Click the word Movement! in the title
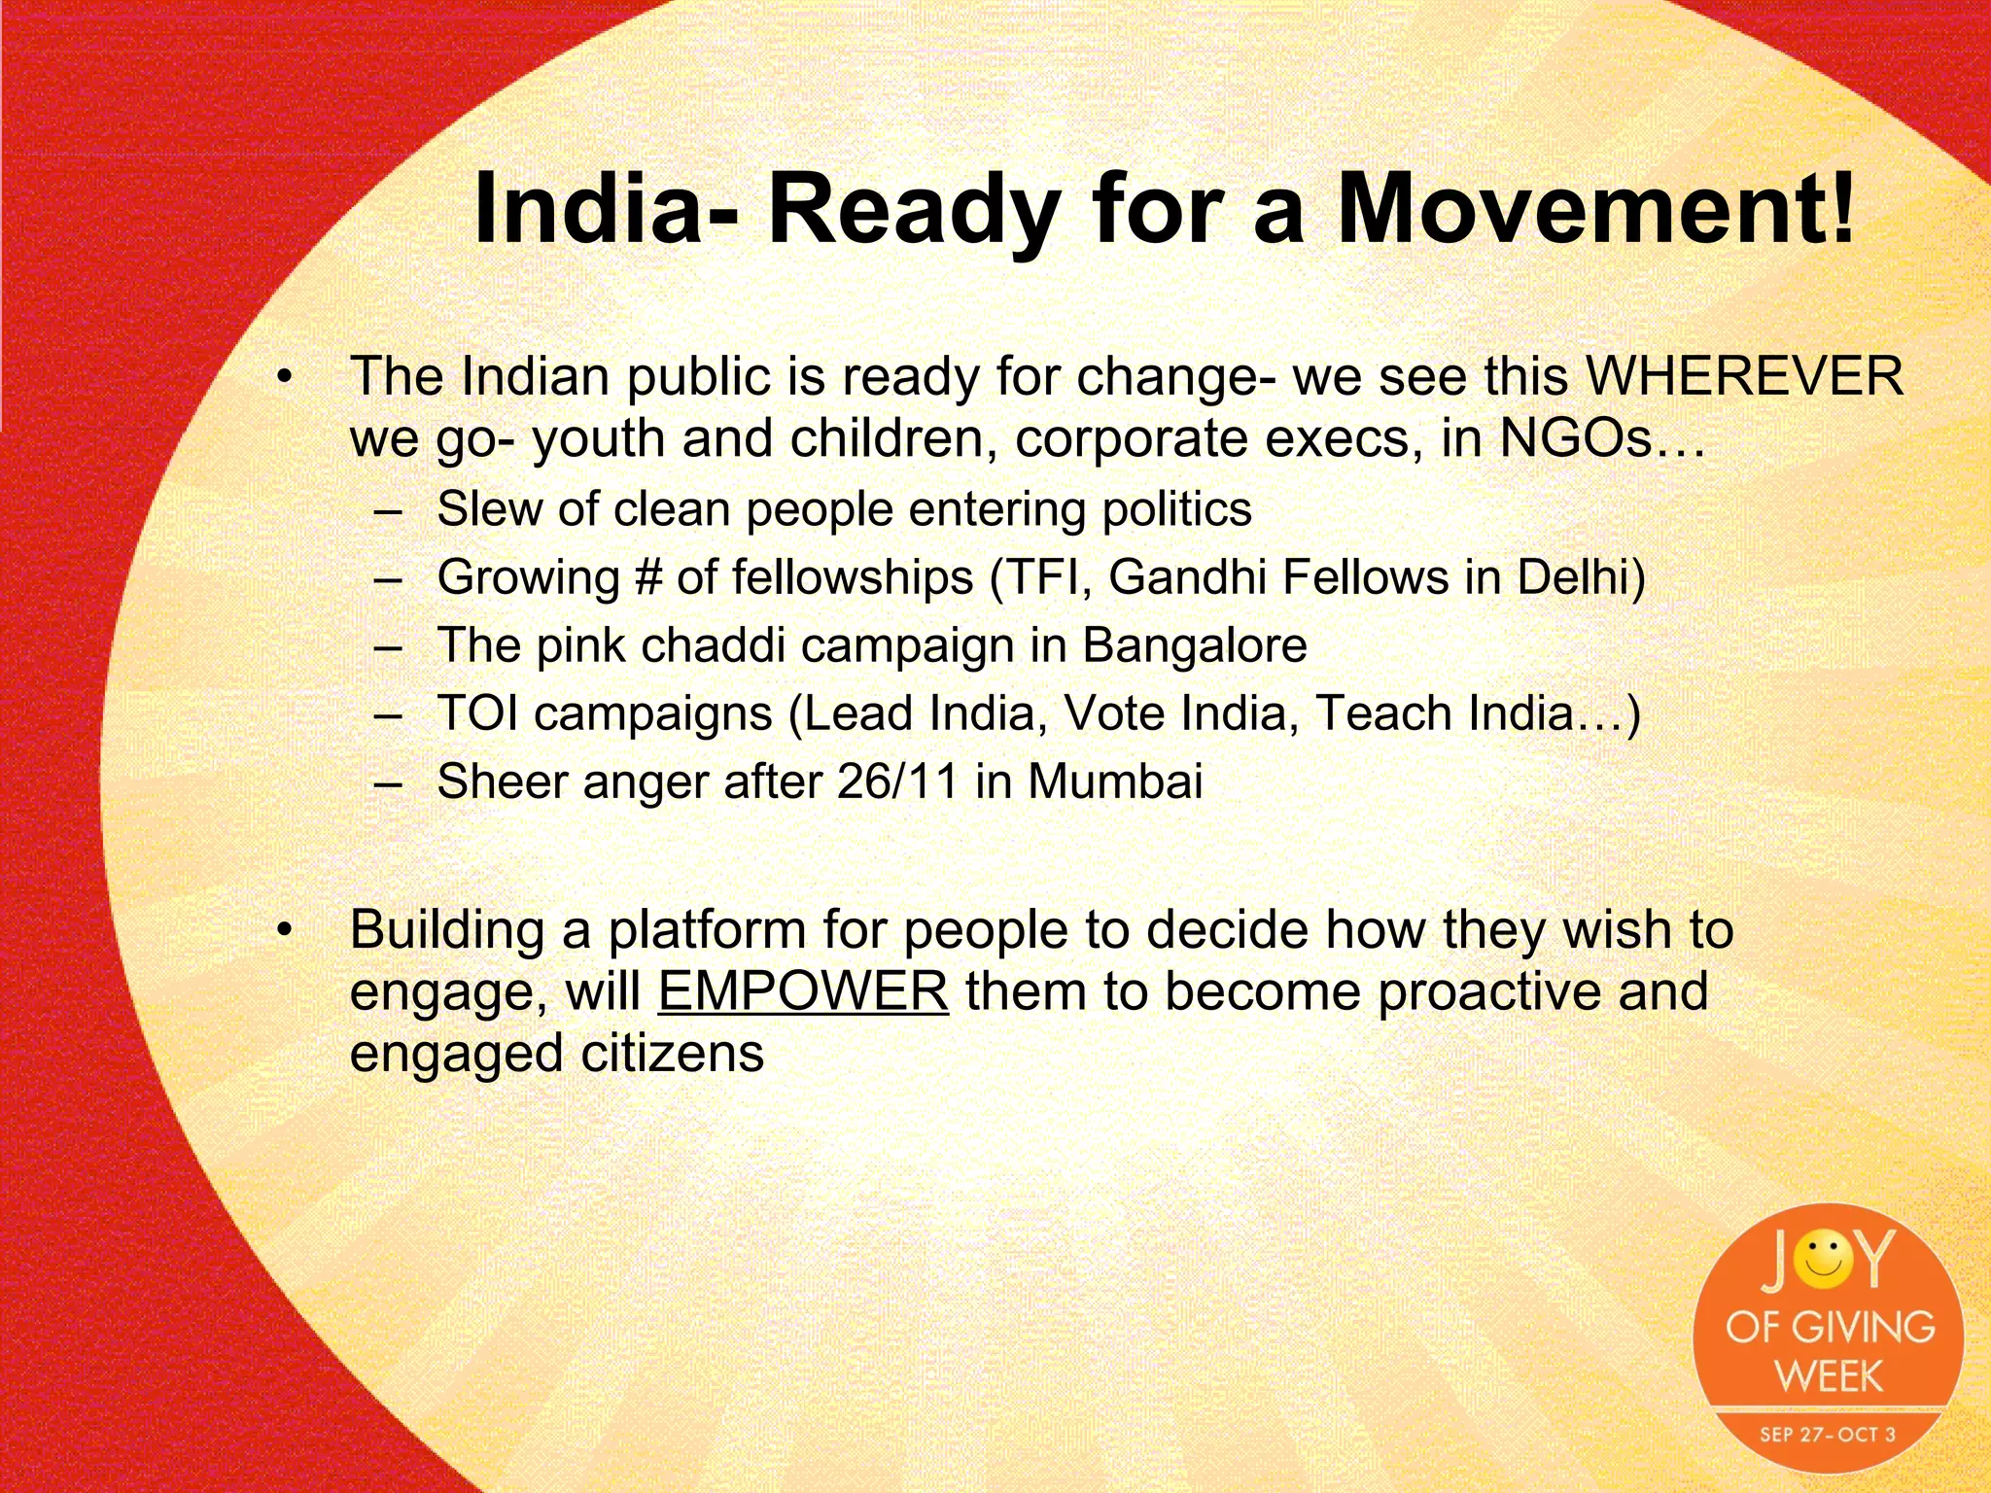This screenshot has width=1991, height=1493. coord(1595,210)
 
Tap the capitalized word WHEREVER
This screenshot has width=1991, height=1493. coord(1744,376)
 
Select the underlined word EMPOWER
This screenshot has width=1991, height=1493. coord(803,991)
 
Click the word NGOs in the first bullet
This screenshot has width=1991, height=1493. coord(1575,438)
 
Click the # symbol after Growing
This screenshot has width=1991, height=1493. coord(647,577)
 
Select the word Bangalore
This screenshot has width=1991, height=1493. coord(1195,645)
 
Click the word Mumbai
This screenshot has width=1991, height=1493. coord(1115,781)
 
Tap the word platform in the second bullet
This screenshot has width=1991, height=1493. coord(707,929)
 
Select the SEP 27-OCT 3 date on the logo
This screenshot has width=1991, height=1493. coord(1827,1434)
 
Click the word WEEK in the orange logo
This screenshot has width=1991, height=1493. coord(1829,1376)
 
